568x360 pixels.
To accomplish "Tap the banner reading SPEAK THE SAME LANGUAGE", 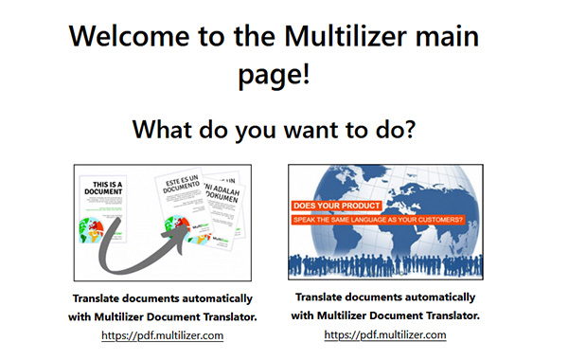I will [378, 220].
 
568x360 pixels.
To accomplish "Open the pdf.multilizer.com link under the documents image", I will [162, 334].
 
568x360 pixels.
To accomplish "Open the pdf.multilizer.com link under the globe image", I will [384, 334].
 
